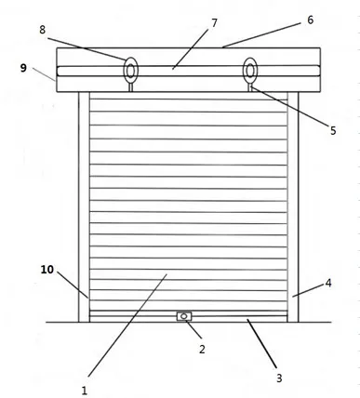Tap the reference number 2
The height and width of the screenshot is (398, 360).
tap(202, 349)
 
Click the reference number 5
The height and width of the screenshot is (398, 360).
tap(333, 131)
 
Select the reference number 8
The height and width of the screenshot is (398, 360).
tap(43, 30)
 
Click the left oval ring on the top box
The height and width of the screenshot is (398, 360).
tap(131, 70)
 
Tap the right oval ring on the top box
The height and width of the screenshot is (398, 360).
tap(250, 70)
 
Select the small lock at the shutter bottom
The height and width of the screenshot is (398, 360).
tap(184, 317)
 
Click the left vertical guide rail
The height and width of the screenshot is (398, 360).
tap(85, 205)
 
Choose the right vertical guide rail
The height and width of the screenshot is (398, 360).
tap(293, 205)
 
